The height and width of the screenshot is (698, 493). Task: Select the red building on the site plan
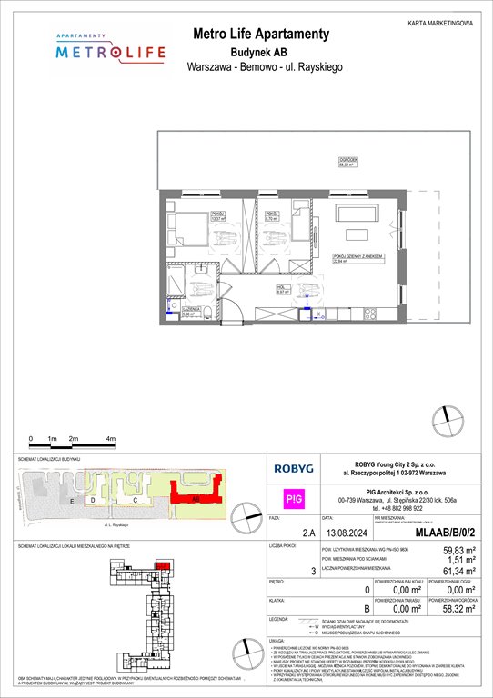click(196, 498)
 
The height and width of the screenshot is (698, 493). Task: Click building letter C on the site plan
click(134, 501)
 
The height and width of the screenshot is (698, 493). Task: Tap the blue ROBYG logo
click(296, 470)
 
